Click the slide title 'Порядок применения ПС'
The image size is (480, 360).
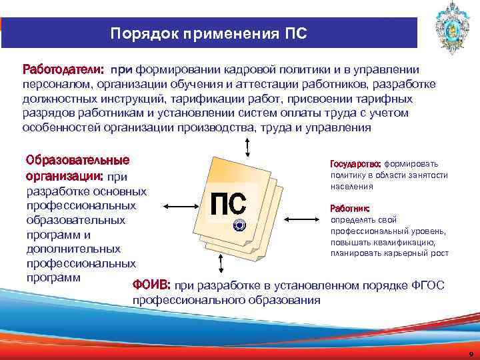209,33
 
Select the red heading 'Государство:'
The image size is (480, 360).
355,163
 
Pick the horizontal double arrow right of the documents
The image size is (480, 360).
302,217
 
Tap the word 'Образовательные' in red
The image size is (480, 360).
77,161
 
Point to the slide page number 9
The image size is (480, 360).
471,353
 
